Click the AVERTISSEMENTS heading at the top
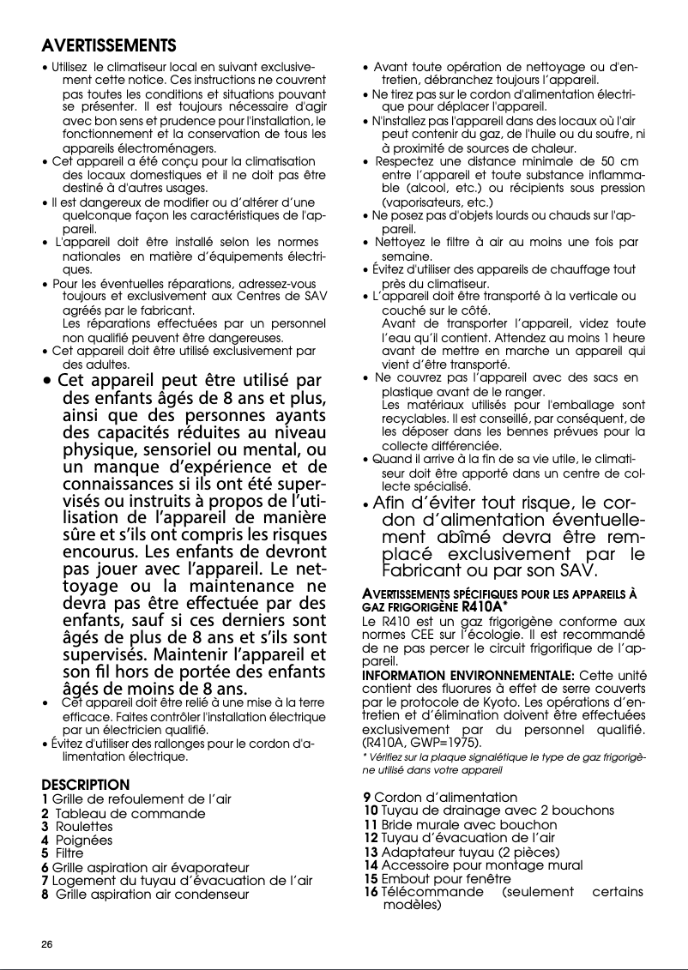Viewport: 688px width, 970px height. click(x=109, y=45)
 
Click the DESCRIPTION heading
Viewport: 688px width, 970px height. click(x=86, y=785)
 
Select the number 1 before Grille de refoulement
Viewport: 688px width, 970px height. click(x=45, y=799)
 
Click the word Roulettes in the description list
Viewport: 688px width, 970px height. click(x=84, y=827)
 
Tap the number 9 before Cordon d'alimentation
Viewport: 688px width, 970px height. click(x=368, y=797)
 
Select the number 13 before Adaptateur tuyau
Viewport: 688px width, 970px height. click(x=371, y=852)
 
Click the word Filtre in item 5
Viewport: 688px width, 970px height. click(x=69, y=854)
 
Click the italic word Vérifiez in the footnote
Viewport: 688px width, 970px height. click(x=387, y=758)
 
